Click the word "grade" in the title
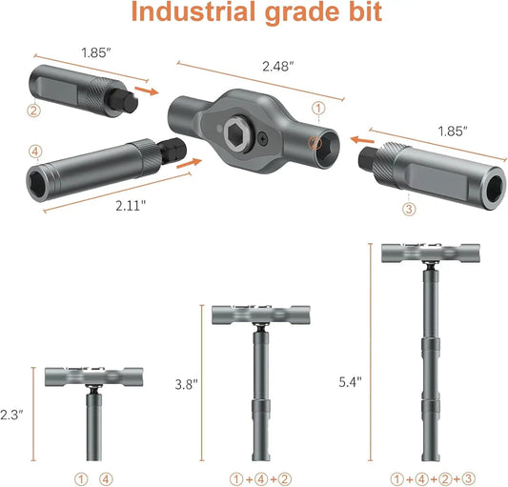295,13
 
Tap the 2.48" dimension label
278,67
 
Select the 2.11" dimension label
131,206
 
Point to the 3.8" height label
186,384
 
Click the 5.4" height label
350,382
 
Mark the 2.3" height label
11,415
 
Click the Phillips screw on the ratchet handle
263,139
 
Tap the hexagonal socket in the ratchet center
236,132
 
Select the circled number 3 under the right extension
409,209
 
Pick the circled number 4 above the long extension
35,152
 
